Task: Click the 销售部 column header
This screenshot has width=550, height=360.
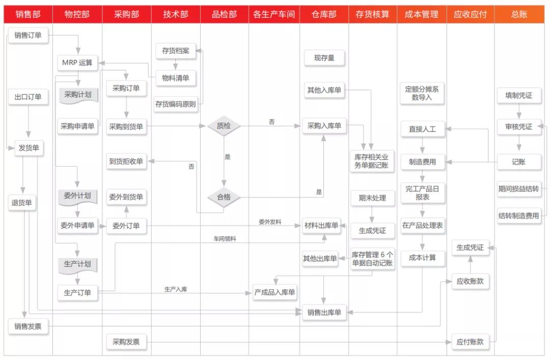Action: pos(28,14)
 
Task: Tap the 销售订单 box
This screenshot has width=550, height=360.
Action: pos(28,35)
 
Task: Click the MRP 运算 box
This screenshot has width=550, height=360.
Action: pos(77,63)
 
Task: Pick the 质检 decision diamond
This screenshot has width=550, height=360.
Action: pos(224,126)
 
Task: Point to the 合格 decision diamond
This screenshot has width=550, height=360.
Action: pos(224,197)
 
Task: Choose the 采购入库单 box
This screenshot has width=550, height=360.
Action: pos(324,126)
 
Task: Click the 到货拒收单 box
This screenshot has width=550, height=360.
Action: pos(126,162)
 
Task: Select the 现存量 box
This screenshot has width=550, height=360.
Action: pos(324,58)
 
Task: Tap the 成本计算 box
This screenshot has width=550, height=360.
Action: pos(422,258)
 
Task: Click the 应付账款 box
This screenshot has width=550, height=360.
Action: pos(470,342)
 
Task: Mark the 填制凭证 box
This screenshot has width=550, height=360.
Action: pos(518,95)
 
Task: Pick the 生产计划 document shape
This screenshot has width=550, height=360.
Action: pos(77,265)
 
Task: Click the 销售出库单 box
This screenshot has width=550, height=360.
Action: pos(324,312)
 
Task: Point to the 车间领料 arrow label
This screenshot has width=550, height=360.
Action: pos(225,238)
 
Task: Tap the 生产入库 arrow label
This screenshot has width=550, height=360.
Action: pos(176,289)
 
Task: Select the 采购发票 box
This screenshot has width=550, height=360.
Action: pos(126,342)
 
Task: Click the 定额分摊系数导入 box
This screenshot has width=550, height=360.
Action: pos(422,93)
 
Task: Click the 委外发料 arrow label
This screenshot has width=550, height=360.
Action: pos(270,222)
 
